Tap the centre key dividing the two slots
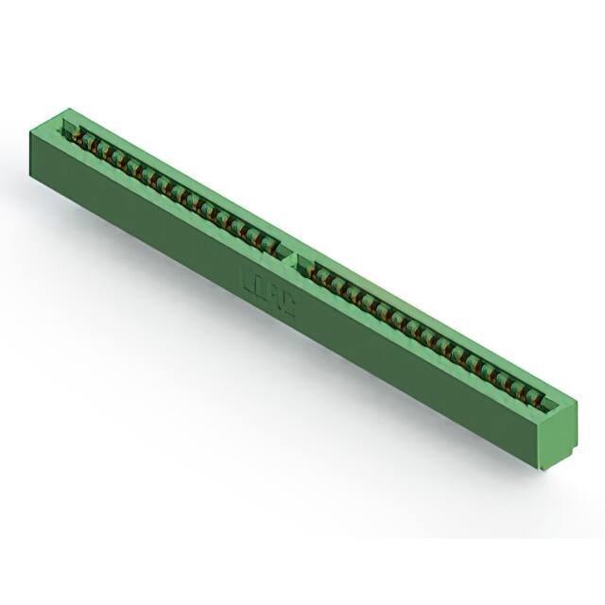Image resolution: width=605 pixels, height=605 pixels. tap(291, 253)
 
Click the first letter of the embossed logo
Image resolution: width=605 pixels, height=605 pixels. tap(249, 281)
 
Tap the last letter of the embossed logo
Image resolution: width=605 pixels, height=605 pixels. tap(290, 304)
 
